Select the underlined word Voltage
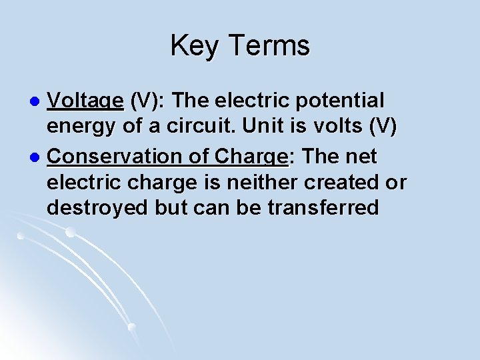86,101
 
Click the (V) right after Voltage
144,101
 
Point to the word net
361,157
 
